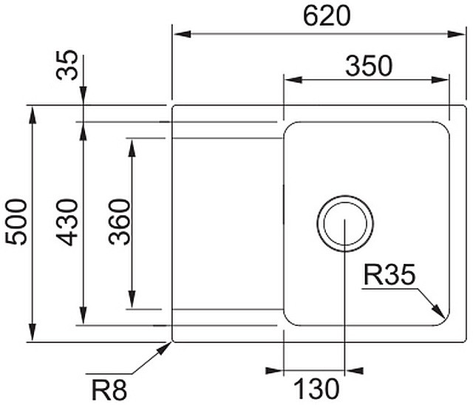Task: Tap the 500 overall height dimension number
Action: (x=16, y=222)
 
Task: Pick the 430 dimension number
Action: (x=68, y=222)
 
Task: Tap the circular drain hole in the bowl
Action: (x=345, y=222)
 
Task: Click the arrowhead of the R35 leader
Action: (x=439, y=313)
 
